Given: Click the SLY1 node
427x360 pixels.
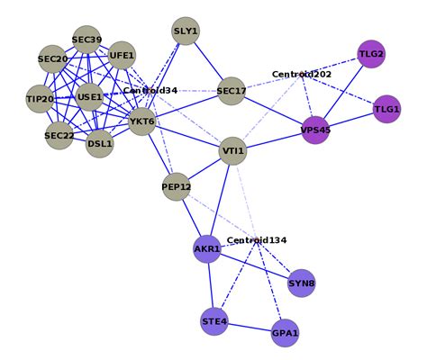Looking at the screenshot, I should click(x=186, y=32).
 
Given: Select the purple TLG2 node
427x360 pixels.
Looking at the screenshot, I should click(x=371, y=54).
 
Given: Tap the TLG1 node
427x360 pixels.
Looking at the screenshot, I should click(x=386, y=109).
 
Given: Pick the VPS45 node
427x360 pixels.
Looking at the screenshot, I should click(x=315, y=130).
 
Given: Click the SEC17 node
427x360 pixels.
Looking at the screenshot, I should click(x=232, y=91).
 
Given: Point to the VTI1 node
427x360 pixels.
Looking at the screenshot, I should click(x=232, y=151).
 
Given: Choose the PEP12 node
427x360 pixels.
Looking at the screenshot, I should click(x=177, y=187).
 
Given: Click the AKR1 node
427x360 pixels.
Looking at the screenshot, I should click(x=207, y=248).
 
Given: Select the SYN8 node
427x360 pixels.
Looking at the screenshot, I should click(x=302, y=283).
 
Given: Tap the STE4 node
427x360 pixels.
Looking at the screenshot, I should click(x=214, y=321).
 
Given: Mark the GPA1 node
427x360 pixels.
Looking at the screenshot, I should click(x=285, y=333).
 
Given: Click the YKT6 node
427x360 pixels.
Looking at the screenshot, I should click(x=141, y=121).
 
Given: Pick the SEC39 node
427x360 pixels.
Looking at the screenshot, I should click(x=86, y=40).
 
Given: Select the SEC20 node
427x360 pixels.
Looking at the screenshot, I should click(x=53, y=59).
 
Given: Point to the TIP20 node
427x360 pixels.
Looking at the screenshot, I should click(x=40, y=99).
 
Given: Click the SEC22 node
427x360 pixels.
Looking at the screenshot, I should click(x=59, y=136).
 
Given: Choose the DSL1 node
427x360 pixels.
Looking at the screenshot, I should click(x=100, y=143).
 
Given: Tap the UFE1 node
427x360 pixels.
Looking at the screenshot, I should click(x=122, y=56).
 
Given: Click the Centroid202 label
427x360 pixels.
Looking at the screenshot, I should click(x=302, y=75).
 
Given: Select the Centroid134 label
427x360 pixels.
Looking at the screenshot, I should click(x=257, y=240).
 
